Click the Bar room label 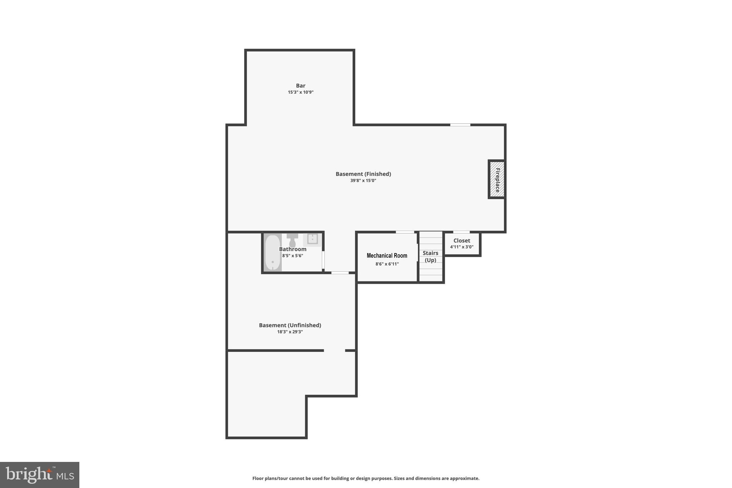300,85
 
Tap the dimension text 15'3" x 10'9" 300,92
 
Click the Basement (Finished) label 363,174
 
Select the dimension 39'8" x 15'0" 363,181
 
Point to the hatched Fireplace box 497,179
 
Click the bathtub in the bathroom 273,253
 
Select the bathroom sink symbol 312,239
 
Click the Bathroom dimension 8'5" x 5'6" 292,256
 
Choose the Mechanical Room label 387,256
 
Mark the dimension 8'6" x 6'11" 387,264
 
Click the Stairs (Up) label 430,256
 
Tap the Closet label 461,241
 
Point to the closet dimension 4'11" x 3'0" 461,247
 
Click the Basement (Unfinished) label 290,325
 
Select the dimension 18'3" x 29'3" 290,332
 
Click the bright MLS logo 40,475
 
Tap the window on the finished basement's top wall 460,125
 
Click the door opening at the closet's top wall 461,232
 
